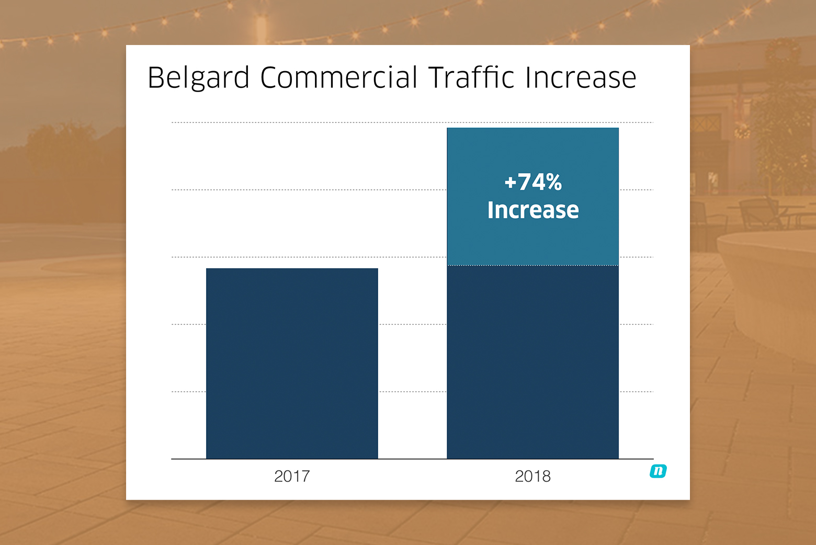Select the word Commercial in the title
coord(338,77)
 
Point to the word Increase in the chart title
coord(581,77)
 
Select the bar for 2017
coord(292,363)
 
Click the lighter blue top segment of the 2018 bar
coord(532,196)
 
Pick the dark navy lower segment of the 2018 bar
coord(532,362)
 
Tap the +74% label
coord(533,182)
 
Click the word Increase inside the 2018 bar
coord(533,210)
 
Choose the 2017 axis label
coord(292,476)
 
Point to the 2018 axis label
coord(532,476)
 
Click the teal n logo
coord(658,471)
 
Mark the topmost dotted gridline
coord(412,122)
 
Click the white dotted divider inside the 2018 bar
coord(532,266)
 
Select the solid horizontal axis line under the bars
coord(412,459)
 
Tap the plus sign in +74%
coord(511,182)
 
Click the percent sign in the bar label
coord(554,182)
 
